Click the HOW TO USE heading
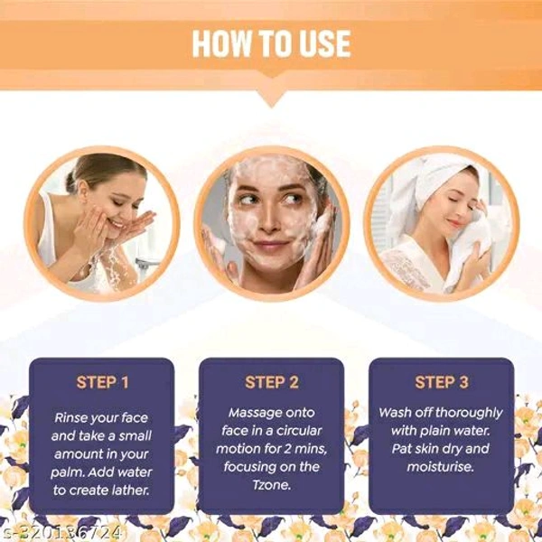tap(271, 43)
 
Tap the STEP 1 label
tap(102, 382)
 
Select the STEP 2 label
tap(272, 382)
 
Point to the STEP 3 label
tap(442, 382)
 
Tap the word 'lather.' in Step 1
tap(130, 491)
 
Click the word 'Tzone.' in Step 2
tap(272, 484)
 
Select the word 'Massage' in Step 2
tap(250, 414)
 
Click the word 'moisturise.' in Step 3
tap(440, 467)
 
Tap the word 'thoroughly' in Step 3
tap(469, 414)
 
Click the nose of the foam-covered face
tap(269, 221)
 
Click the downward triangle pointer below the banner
tap(272, 98)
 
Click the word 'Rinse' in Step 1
tap(69, 418)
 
